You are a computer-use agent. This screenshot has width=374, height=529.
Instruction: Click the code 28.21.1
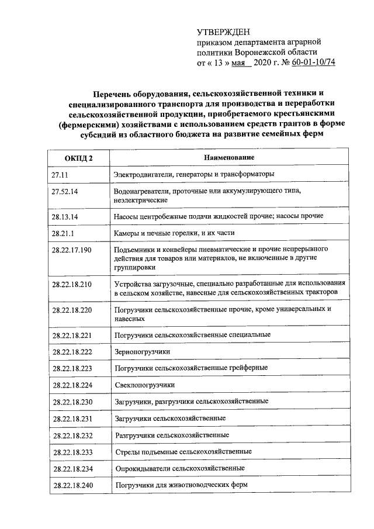coord(63,233)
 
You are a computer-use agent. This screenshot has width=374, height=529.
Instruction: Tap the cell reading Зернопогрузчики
coord(143,351)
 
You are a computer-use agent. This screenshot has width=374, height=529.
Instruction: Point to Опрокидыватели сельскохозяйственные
coord(179,468)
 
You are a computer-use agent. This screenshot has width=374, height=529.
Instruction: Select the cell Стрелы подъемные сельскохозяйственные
coord(183,452)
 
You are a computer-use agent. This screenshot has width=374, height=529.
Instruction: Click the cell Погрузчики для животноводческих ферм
coord(181,485)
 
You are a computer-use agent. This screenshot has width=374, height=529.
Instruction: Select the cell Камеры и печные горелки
coord(174,233)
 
